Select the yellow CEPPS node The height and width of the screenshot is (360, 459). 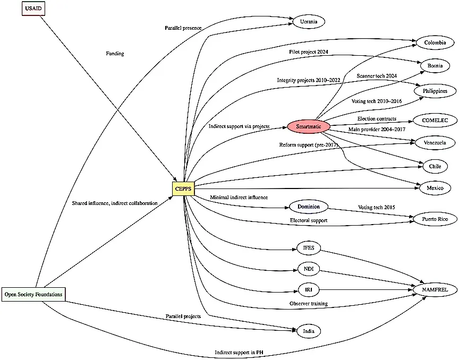(x=183, y=188)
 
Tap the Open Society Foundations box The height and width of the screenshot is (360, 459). (x=33, y=294)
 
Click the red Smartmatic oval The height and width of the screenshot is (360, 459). (x=309, y=126)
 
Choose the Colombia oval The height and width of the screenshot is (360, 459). (x=435, y=42)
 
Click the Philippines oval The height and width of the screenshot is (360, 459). (x=435, y=91)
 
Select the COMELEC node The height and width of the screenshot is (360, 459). (x=435, y=121)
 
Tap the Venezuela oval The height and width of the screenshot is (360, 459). (x=435, y=142)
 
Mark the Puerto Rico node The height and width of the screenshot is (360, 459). (x=435, y=219)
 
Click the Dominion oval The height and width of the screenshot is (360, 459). (x=309, y=206)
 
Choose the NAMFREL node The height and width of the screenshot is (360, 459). (x=435, y=290)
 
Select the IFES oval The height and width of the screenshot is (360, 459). (x=309, y=247)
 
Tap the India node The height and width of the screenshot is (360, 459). (x=309, y=331)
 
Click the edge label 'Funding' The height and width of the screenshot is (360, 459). (x=115, y=54)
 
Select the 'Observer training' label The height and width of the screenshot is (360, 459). (x=308, y=304)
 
